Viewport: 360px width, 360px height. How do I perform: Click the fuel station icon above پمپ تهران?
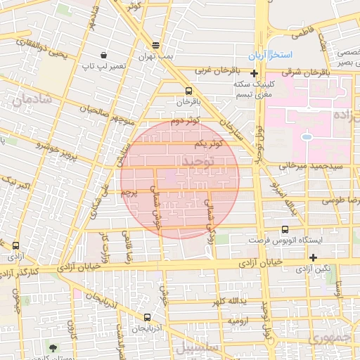pyautogui.click(x=155, y=44)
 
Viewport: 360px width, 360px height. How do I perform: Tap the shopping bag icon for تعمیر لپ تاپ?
pyautogui.click(x=104, y=55)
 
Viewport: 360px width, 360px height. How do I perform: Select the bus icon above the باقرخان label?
pyautogui.click(x=188, y=91)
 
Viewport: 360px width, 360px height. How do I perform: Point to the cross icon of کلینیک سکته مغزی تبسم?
pyautogui.click(x=254, y=74)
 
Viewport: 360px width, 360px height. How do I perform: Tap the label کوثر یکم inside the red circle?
pyautogui.click(x=209, y=143)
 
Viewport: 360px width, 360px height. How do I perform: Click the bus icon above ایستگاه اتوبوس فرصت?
pyautogui.click(x=285, y=229)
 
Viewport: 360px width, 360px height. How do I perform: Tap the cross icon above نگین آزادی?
pyautogui.click(x=313, y=257)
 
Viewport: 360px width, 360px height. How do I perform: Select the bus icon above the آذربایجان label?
pyautogui.click(x=146, y=318)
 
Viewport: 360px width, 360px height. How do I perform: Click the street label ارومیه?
pyautogui.click(x=236, y=321)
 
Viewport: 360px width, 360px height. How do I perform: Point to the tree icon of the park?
pyautogui.click(x=53, y=347)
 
